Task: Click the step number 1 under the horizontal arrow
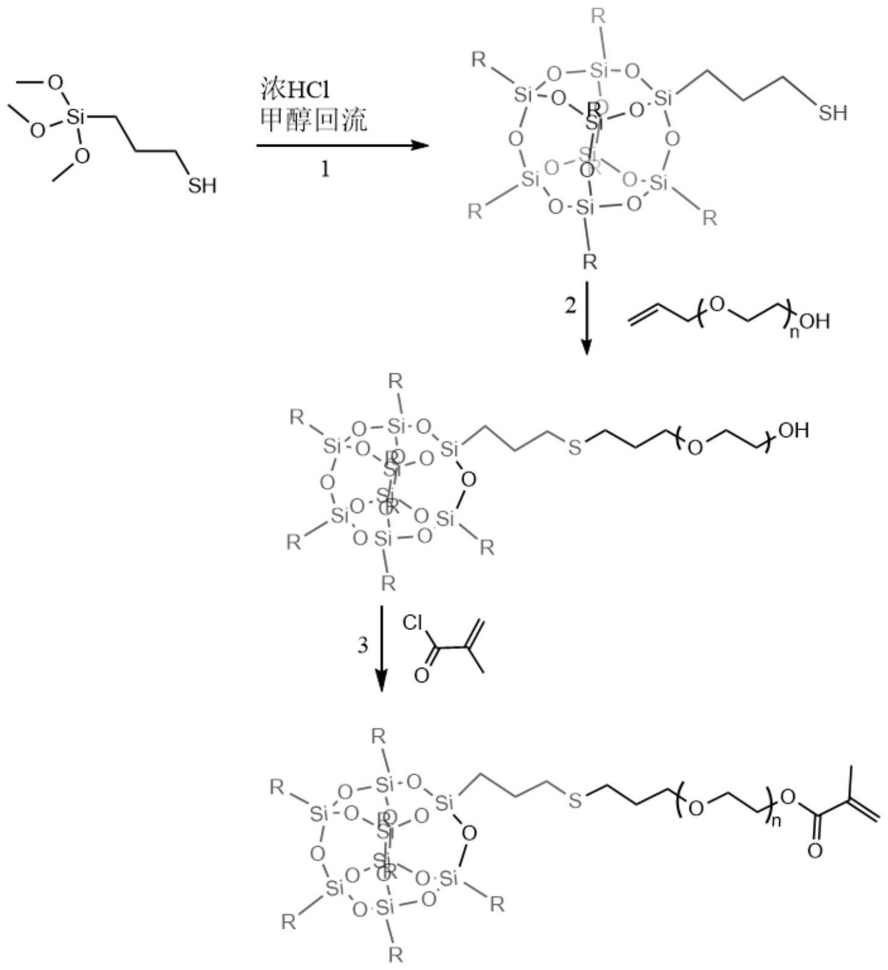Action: pyautogui.click(x=326, y=168)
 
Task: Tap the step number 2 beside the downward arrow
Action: pyautogui.click(x=570, y=305)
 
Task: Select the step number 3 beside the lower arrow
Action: pyautogui.click(x=363, y=645)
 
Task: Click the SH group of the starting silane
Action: pyautogui.click(x=202, y=184)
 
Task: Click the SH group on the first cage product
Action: pyautogui.click(x=833, y=112)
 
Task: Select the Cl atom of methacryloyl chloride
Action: pyautogui.click(x=413, y=623)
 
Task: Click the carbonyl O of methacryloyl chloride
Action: pyautogui.click(x=421, y=676)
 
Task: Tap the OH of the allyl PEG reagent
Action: pyautogui.click(x=815, y=320)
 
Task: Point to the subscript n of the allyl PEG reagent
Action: pyautogui.click(x=794, y=333)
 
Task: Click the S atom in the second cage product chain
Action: pyautogui.click(x=574, y=448)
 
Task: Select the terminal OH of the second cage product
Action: pyautogui.click(x=793, y=430)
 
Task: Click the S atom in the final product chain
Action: pyautogui.click(x=575, y=800)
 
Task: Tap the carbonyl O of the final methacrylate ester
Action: pyautogui.click(x=815, y=850)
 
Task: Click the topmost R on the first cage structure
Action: pyautogui.click(x=599, y=16)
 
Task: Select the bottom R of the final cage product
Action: pyautogui.click(x=396, y=954)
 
